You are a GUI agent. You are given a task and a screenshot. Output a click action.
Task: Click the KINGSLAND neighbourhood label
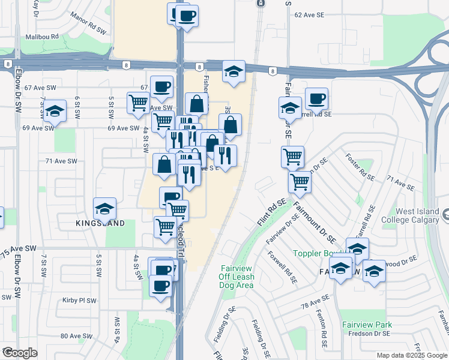(100, 224)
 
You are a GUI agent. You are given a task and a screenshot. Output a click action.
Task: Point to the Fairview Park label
(367, 325)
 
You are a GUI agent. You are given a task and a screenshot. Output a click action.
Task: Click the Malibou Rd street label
(43, 37)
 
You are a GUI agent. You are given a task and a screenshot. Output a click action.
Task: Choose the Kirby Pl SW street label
(79, 301)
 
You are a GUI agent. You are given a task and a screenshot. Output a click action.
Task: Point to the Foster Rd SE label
(358, 166)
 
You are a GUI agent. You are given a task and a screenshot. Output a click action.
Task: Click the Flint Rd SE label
(271, 212)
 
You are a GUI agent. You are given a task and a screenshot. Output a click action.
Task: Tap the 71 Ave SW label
(61, 161)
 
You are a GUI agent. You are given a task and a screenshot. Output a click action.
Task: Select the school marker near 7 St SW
(55, 110)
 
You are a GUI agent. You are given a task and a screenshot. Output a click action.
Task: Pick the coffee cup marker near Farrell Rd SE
(316, 98)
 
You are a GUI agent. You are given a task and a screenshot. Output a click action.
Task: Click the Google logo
(19, 353)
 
